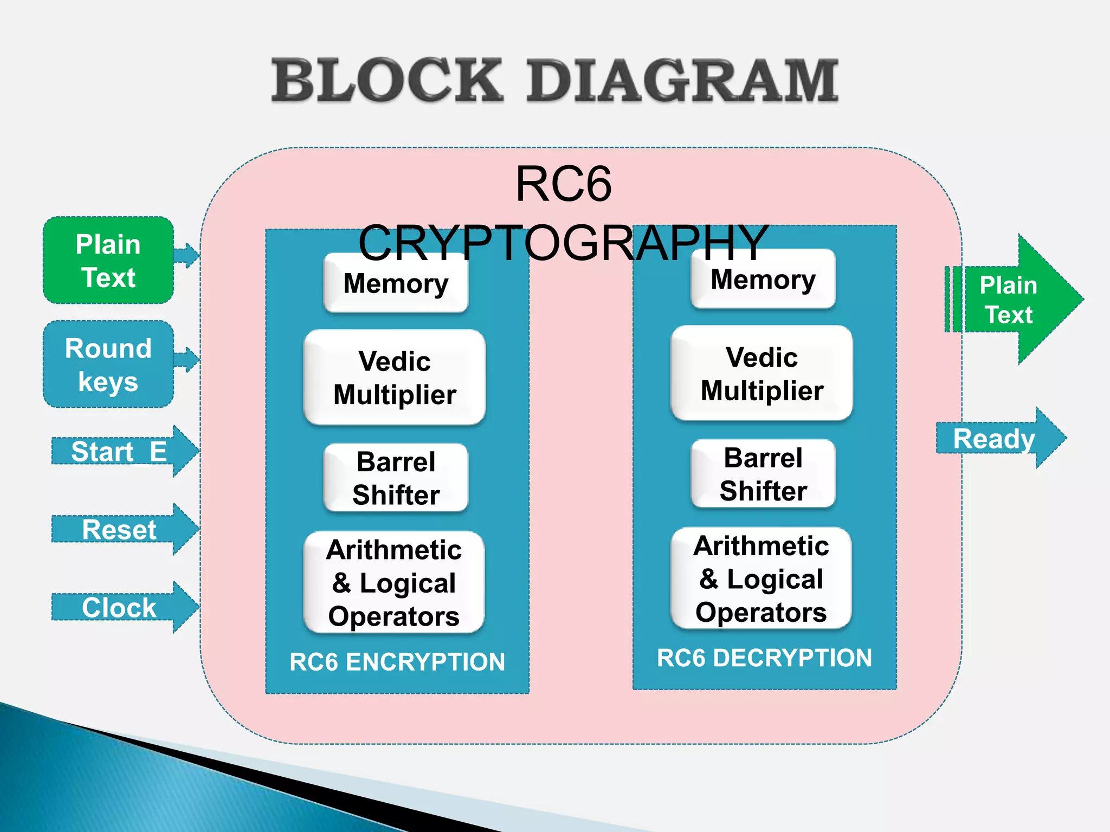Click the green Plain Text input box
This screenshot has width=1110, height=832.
pyautogui.click(x=108, y=261)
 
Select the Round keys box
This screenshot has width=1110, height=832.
pyautogui.click(x=108, y=364)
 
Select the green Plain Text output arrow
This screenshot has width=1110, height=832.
pyautogui.click(x=1014, y=300)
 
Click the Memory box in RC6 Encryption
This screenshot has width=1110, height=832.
pyautogui.click(x=396, y=283)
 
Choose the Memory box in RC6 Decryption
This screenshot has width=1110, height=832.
pyautogui.click(x=763, y=279)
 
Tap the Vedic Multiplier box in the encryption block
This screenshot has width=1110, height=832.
pyautogui.click(x=395, y=378)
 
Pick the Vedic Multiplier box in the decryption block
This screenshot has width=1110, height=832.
pyautogui.click(x=761, y=374)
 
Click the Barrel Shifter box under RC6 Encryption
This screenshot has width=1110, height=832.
pyautogui.click(x=396, y=478)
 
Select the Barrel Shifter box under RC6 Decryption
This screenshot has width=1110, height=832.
pyautogui.click(x=763, y=474)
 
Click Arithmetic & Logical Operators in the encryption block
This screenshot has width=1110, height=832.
pyautogui.click(x=394, y=582)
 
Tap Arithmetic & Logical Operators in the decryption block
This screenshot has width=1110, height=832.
pyautogui.click(x=761, y=578)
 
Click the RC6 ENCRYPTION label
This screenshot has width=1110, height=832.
pyautogui.click(x=397, y=662)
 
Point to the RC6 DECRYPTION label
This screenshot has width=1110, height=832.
pyautogui.click(x=764, y=658)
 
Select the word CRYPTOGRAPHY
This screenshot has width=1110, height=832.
pyautogui.click(x=564, y=243)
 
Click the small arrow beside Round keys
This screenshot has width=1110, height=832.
pyautogui.click(x=186, y=359)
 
